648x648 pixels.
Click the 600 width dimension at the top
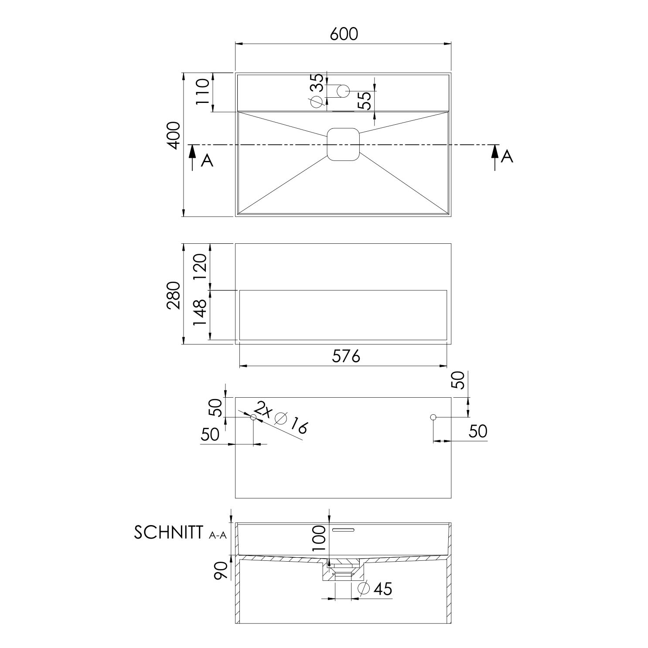[x=343, y=34]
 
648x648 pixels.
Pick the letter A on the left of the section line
[x=207, y=161]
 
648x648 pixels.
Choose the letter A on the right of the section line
[x=507, y=156]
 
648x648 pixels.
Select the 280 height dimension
[x=174, y=295]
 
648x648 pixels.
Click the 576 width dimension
[x=346, y=357]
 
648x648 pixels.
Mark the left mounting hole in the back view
[x=253, y=417]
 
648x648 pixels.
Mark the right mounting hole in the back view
[x=433, y=417]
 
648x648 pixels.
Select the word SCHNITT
[x=168, y=533]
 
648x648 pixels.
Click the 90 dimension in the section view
[x=221, y=571]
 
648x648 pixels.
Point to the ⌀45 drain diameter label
[x=375, y=589]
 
